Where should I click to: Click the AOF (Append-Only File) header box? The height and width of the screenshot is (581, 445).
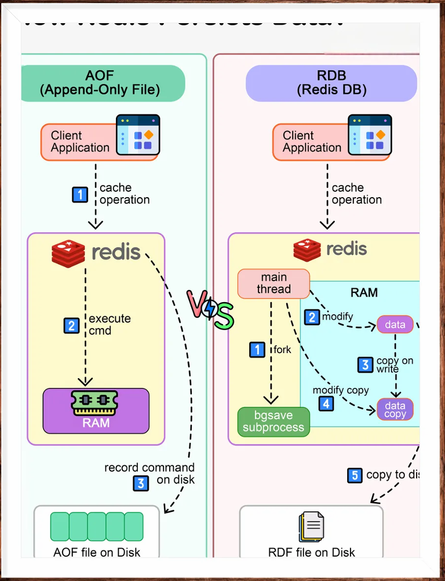coord(103,83)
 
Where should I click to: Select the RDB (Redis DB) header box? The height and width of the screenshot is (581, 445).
coord(331,83)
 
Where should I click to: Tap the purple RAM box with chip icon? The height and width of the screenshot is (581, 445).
coord(96,411)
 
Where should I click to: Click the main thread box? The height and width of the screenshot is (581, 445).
coord(273,284)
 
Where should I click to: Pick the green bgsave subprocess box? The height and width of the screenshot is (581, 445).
coord(273,422)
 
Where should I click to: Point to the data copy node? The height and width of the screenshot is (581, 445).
coord(395,409)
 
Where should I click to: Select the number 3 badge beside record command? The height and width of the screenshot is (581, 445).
coord(141,482)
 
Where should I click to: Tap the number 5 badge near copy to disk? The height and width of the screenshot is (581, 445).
coord(355,475)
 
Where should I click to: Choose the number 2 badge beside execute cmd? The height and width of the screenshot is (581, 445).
coord(71,325)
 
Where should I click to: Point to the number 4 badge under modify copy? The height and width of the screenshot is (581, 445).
coord(327,403)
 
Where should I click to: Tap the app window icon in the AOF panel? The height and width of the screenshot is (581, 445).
coord(138,135)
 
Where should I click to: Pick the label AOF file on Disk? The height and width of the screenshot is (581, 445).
coord(97,552)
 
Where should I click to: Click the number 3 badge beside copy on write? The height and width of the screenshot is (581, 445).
coord(364,364)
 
